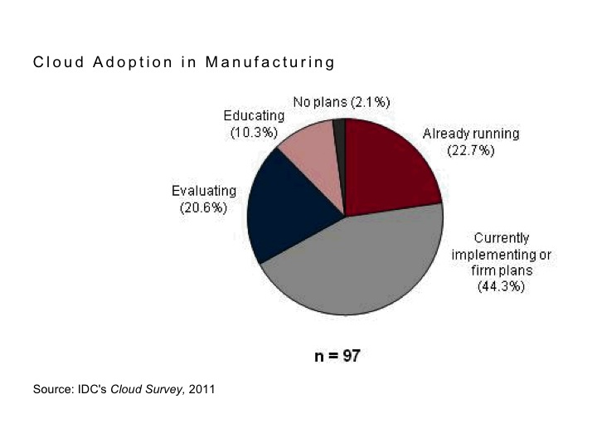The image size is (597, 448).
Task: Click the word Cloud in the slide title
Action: tap(54, 62)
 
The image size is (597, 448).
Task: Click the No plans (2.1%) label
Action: tap(342, 101)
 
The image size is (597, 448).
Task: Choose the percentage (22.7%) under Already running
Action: tap(471, 150)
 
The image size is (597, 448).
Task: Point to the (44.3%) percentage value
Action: tap(501, 286)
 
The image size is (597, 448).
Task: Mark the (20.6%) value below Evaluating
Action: tap(203, 207)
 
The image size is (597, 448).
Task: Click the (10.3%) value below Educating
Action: tap(254, 133)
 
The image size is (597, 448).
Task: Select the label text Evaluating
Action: tap(203, 192)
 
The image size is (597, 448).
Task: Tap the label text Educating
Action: tap(254, 117)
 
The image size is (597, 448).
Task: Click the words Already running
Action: tap(471, 134)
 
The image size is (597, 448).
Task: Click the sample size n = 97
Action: tap(336, 356)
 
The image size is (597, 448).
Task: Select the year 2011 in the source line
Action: tap(202, 389)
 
